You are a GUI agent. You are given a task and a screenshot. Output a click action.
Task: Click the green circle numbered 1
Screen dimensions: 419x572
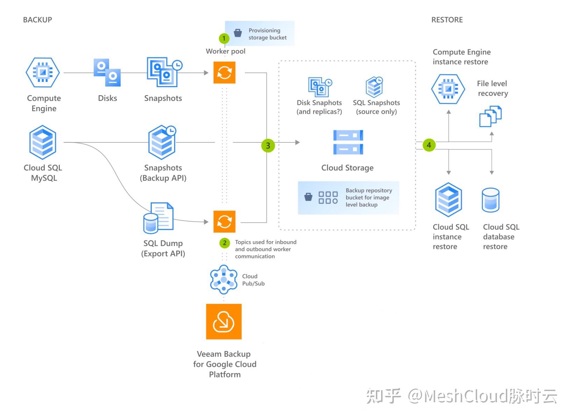coord(224,39)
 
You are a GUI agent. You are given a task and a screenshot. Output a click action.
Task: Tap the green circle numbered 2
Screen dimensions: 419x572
coord(224,243)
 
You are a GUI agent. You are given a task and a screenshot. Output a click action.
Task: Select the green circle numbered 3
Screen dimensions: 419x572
coord(268,146)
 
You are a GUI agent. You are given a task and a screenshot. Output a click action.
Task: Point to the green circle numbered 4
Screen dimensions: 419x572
coord(429,145)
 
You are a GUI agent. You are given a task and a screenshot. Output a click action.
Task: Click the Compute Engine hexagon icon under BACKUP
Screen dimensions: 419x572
coord(43,72)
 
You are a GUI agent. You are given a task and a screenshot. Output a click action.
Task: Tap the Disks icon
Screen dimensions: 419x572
coord(107,72)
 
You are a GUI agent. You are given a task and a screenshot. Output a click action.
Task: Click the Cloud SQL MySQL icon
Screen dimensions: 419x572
coord(43,142)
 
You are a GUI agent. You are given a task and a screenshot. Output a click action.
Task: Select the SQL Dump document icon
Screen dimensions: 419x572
coord(158,218)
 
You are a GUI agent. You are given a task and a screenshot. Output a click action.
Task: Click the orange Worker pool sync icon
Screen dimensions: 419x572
coord(224,72)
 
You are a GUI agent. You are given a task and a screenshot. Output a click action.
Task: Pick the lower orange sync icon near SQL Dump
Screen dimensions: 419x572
coord(224,222)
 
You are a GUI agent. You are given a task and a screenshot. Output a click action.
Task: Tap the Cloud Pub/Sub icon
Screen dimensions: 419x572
coord(224,279)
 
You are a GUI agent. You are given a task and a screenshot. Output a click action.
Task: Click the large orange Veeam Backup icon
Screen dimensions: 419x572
coord(224,321)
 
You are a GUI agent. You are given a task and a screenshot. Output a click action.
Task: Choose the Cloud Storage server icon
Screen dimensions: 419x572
coord(348,142)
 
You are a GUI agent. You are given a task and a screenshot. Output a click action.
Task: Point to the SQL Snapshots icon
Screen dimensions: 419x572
coord(374,86)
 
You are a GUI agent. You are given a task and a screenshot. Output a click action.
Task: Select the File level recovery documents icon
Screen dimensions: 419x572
coord(490,116)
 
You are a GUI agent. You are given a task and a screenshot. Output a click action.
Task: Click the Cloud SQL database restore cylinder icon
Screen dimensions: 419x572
coord(491,200)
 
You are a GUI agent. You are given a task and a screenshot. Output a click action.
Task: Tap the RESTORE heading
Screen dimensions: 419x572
coord(447,20)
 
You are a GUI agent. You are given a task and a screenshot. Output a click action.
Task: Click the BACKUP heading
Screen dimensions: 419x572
coord(37,20)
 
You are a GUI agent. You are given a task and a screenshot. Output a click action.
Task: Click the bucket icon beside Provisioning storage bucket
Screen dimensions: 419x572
coord(238,33)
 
